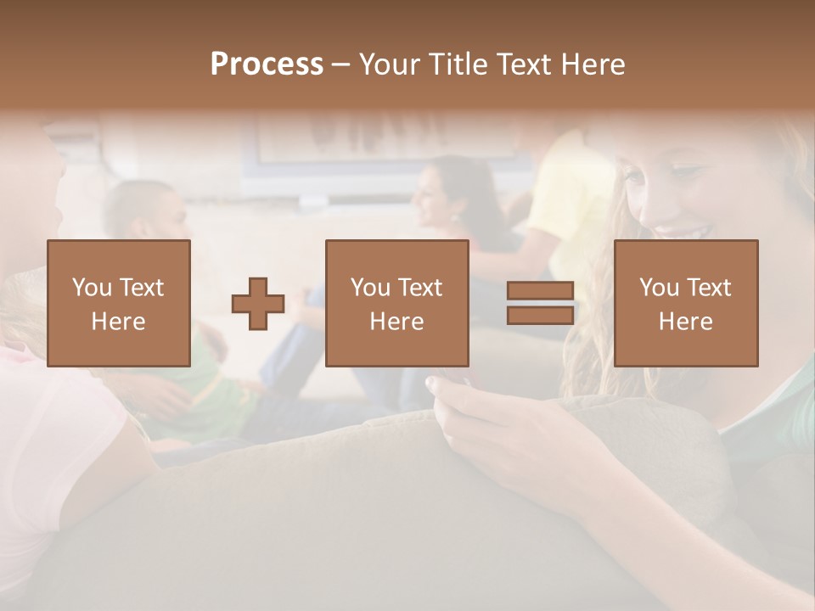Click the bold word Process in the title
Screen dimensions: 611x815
267,64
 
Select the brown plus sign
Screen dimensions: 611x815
258,304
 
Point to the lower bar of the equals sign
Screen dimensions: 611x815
540,316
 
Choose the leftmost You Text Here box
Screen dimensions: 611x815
118,303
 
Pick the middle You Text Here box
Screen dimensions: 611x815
396,303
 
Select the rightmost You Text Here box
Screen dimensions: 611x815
685,303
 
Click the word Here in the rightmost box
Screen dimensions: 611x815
685,322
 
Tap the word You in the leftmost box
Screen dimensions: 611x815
90,288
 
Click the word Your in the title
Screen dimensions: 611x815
391,64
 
